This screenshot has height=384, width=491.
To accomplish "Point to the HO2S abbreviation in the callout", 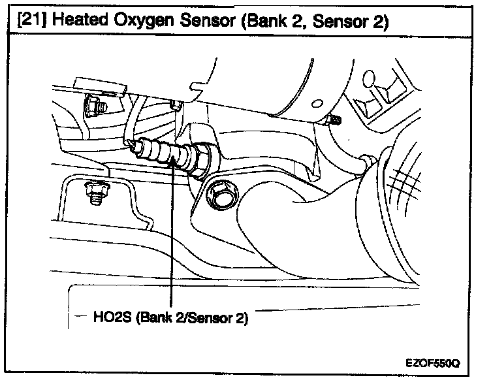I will click(113, 319).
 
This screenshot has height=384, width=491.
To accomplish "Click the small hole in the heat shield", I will click(317, 103).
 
